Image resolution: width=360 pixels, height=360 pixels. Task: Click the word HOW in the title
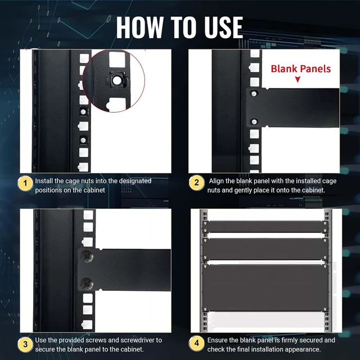(x=139, y=27)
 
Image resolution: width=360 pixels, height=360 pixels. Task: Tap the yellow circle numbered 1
(x=25, y=183)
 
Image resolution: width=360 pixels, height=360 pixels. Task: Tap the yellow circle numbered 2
(x=196, y=183)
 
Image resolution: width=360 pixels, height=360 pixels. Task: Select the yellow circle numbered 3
(x=25, y=344)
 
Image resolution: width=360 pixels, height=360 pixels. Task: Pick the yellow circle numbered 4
(x=196, y=344)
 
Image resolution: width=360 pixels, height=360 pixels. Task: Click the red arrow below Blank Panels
(x=298, y=79)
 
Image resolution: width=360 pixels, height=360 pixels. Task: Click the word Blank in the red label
(x=283, y=69)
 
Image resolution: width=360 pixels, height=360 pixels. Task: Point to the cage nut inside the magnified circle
(x=116, y=80)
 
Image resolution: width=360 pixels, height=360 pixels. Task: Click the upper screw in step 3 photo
(x=87, y=256)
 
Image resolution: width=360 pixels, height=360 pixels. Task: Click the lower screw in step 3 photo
(x=87, y=284)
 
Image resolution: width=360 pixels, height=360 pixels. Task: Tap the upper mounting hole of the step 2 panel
(x=254, y=94)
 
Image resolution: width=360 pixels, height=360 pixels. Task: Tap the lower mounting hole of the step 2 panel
(x=254, y=121)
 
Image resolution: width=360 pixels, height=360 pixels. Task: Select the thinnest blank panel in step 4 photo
(x=265, y=227)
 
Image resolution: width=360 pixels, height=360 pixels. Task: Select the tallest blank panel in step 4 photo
(x=265, y=288)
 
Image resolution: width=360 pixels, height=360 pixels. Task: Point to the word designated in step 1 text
(x=135, y=181)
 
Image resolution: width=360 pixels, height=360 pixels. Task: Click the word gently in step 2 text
(x=244, y=190)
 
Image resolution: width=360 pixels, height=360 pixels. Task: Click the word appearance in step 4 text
(x=301, y=349)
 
